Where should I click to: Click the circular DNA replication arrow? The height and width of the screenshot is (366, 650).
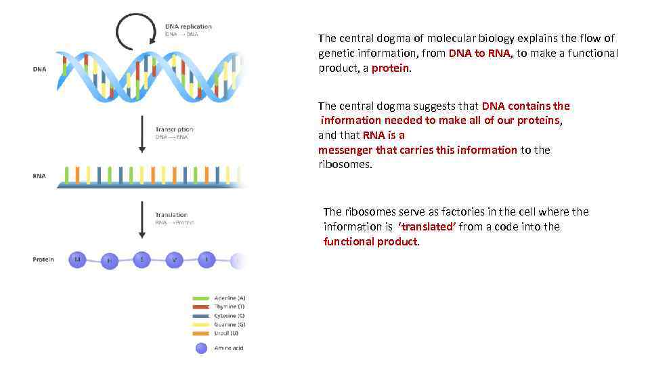137,32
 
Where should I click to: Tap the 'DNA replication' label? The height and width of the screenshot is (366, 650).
188,26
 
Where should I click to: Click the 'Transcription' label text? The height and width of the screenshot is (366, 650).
174,129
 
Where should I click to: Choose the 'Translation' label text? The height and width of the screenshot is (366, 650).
171,215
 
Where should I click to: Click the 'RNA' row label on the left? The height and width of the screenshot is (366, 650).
39,176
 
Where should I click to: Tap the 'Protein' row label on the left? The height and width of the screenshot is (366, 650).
43,260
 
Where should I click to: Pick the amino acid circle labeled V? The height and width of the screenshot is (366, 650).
175,259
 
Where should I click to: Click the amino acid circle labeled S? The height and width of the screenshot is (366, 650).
142,259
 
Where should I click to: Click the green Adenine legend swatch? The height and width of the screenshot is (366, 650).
201,298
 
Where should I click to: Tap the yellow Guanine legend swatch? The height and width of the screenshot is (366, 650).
201,324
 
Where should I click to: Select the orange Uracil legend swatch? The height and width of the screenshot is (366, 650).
201,333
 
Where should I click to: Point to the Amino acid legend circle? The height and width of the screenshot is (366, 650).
201,348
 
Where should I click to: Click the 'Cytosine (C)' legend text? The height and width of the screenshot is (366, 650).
230,316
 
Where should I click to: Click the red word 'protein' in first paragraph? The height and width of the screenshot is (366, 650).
390,68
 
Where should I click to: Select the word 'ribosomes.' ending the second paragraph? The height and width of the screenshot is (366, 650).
345,165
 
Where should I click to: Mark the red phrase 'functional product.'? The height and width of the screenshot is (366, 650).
372,242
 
